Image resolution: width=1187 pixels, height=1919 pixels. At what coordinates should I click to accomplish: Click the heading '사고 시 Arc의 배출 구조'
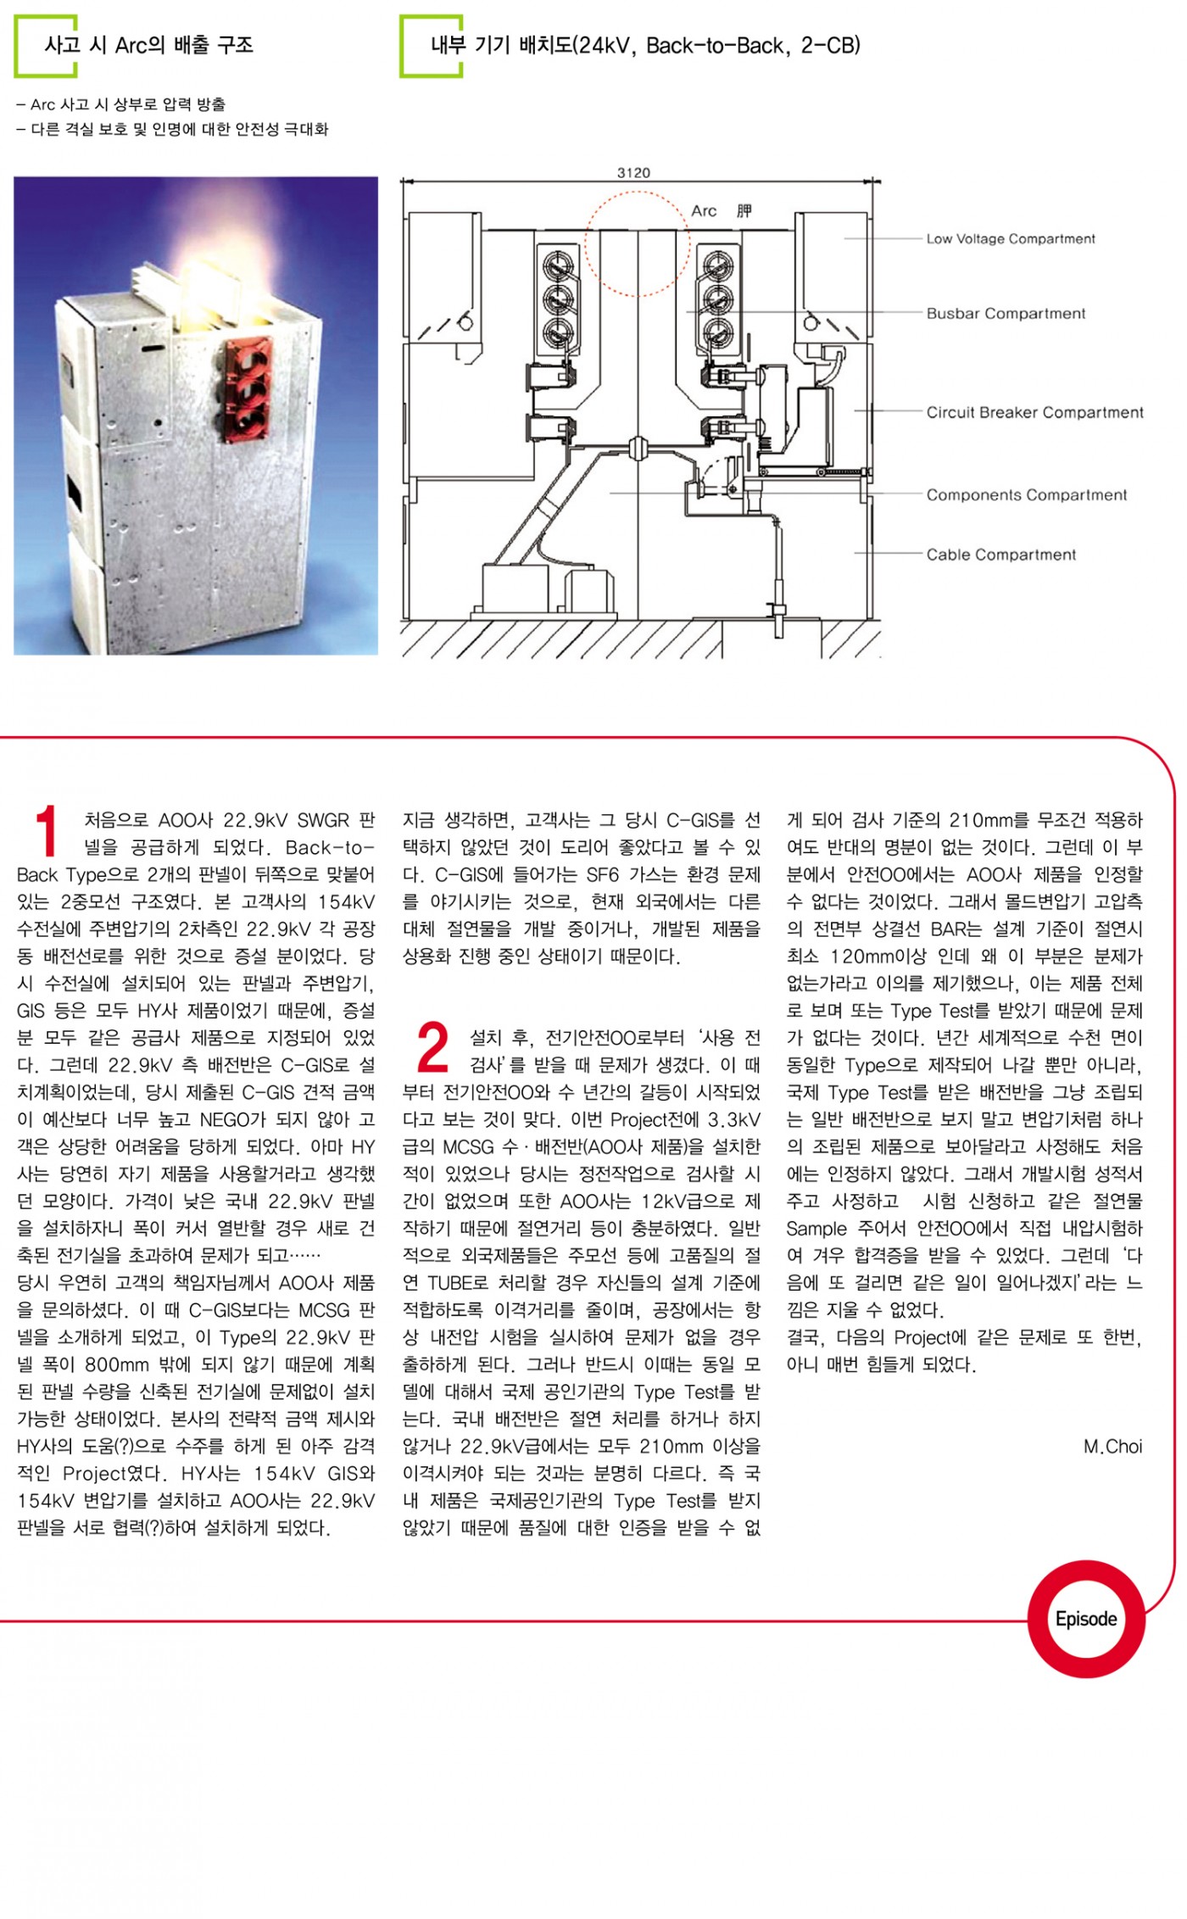pos(148,45)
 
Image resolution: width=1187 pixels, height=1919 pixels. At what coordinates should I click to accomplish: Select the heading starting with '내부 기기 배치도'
pos(645,45)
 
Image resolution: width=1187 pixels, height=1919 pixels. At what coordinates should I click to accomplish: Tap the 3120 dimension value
pos(633,173)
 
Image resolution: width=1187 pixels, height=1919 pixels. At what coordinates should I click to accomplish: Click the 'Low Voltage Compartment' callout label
pos(1010,239)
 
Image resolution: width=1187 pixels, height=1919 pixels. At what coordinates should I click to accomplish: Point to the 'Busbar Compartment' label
pos(1005,314)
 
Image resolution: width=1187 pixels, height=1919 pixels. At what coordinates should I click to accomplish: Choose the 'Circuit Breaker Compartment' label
pos(1034,413)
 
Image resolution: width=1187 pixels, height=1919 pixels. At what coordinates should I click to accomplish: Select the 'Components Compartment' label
pos(1026,495)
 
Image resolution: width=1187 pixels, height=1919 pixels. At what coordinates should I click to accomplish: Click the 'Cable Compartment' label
pos(1000,555)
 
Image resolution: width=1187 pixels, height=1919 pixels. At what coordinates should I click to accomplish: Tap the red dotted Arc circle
pos(636,243)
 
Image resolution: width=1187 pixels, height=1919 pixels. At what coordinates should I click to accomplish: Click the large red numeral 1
pos(46,831)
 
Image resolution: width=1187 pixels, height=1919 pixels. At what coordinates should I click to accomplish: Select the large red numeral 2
pos(432,1048)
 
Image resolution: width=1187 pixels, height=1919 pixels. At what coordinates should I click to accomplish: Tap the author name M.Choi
pos(1112,1447)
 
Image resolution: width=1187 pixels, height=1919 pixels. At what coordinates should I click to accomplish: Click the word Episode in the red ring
pos(1085,1619)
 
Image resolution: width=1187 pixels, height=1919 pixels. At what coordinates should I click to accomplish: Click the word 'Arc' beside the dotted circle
pos(704,211)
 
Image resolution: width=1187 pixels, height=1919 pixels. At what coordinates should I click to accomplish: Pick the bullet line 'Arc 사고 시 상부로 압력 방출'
pos(120,105)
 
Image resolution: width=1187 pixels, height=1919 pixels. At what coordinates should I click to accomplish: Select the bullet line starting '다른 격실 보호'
pos(172,130)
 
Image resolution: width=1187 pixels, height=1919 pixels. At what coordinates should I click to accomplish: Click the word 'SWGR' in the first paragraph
pos(322,820)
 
